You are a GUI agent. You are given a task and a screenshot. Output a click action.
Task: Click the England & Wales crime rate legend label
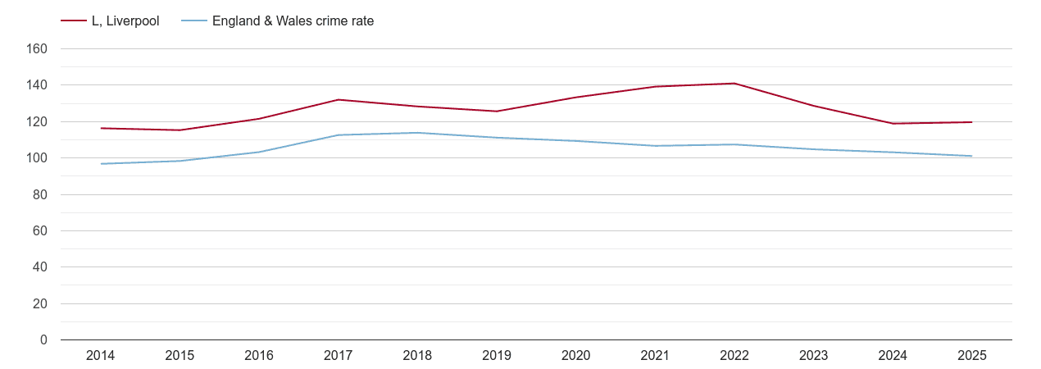[293, 21]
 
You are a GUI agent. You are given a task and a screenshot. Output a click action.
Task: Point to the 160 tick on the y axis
[38, 49]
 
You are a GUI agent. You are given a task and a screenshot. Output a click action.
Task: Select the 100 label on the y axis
[38, 158]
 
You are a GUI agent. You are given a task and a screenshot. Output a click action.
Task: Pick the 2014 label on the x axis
[101, 356]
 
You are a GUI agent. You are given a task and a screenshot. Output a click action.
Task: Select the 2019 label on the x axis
[497, 356]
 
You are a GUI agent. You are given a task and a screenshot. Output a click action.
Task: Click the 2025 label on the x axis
[971, 356]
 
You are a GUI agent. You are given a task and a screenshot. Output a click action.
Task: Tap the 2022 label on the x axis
[734, 356]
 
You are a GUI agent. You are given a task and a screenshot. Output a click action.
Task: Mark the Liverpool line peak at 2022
[734, 84]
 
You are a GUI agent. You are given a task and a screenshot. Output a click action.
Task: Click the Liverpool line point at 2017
[339, 100]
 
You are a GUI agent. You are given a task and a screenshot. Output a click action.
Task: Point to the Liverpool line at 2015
[180, 130]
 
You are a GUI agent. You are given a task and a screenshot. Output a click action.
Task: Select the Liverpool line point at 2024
[893, 124]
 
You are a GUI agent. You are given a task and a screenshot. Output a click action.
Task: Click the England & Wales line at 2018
[418, 133]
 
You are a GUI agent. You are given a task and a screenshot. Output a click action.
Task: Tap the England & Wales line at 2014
[101, 164]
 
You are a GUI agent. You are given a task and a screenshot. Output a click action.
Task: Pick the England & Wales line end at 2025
[971, 156]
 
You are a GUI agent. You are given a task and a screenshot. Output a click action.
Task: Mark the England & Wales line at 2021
[655, 146]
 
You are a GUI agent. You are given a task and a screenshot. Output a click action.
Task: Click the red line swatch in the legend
[74, 21]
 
